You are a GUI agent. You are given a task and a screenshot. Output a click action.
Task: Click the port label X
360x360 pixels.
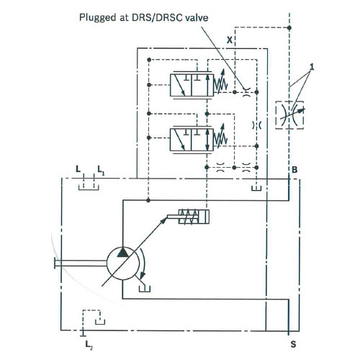coord(230,40)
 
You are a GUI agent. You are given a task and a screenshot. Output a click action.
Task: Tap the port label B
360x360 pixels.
coord(294,170)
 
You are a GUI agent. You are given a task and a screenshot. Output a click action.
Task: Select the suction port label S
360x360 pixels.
coord(293,344)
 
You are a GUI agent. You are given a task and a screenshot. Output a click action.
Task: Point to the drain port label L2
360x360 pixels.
coord(89,345)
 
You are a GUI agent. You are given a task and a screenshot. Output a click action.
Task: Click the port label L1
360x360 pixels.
coord(101,170)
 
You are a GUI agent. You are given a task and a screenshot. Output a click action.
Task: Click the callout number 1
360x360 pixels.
coord(312,67)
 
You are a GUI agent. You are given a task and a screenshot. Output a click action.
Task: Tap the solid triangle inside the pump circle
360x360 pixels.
coord(122,253)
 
